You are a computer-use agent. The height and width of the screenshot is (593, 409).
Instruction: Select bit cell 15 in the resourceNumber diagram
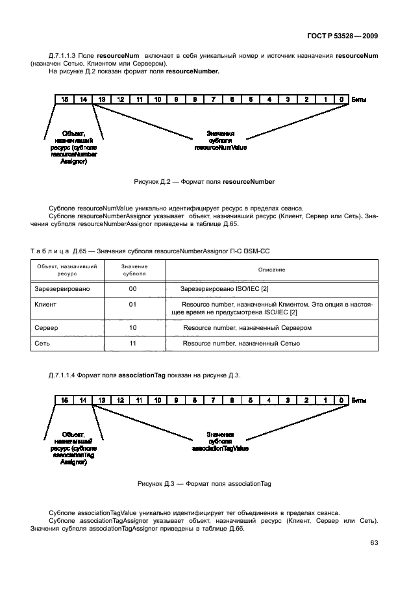[64, 99]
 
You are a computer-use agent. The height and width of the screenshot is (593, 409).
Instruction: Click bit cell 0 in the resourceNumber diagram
[342, 99]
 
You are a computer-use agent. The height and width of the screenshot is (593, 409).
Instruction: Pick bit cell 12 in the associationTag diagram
[120, 401]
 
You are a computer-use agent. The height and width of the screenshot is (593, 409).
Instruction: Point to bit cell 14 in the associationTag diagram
[82, 401]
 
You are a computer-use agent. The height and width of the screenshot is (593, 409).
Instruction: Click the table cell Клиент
[44, 303]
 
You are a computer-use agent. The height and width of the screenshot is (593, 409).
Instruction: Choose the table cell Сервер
[45, 328]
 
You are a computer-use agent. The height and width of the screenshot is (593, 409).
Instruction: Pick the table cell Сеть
[42, 342]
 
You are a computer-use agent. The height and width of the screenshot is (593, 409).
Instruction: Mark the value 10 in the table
[132, 328]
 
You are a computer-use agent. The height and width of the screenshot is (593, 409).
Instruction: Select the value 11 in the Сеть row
[132, 342]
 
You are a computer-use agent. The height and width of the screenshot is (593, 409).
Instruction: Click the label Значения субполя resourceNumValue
[220, 140]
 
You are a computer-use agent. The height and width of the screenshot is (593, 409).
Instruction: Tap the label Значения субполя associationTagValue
[220, 441]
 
